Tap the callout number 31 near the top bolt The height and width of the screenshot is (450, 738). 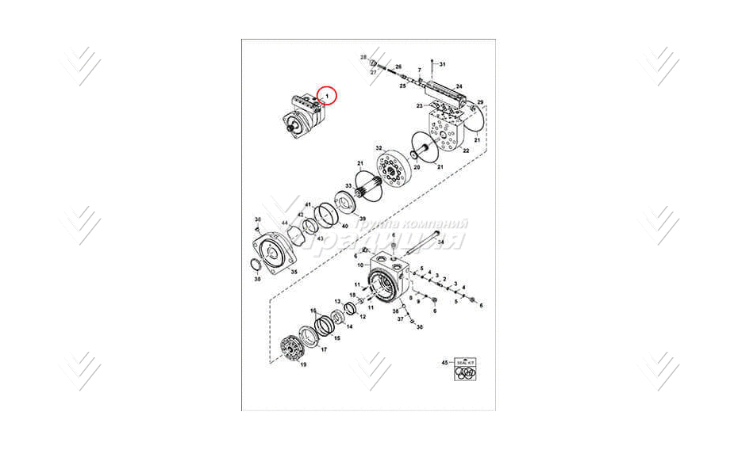click(443, 63)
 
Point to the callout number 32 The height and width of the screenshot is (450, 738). click(379, 148)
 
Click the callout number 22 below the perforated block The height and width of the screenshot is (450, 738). click(466, 151)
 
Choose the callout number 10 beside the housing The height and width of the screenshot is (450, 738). click(359, 265)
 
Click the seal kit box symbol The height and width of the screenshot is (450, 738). click(466, 370)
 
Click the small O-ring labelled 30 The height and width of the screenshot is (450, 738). click(254, 265)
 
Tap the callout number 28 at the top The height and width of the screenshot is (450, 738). click(363, 58)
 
